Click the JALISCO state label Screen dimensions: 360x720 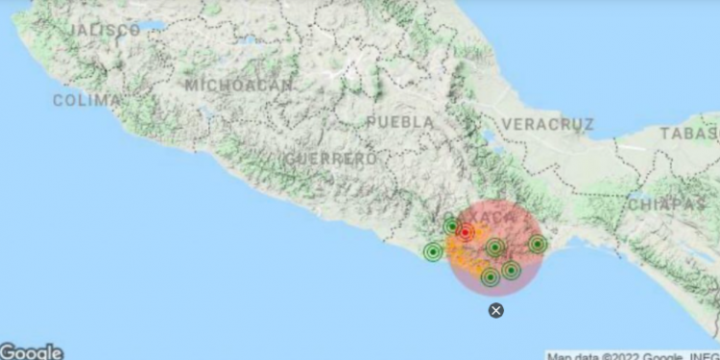[x=105, y=30]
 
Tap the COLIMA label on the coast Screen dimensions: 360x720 [x=86, y=100]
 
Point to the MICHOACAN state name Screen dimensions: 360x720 [x=239, y=84]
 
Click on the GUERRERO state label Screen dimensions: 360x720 [x=329, y=157]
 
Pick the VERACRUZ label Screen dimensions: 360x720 [x=548, y=124]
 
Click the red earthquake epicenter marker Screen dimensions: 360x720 [x=466, y=232]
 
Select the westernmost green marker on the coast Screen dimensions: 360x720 [x=433, y=252]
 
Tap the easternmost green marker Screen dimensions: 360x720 [x=538, y=245]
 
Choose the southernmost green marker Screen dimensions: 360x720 [x=491, y=277]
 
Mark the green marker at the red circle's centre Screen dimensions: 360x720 [x=494, y=248]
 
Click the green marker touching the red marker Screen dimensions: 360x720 [x=452, y=227]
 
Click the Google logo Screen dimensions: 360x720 [x=31, y=352]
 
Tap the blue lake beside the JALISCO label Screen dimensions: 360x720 [x=151, y=26]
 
